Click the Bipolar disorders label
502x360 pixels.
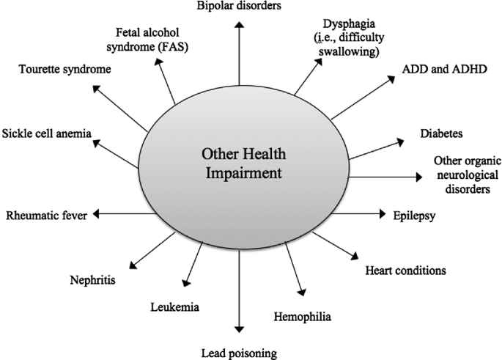(238, 7)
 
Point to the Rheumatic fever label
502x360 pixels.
(46, 215)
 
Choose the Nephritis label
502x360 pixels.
(92, 279)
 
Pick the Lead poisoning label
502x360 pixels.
(239, 353)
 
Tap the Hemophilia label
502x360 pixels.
(303, 317)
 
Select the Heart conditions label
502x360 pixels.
(405, 270)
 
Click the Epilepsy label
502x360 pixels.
(414, 215)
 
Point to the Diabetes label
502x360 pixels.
(441, 133)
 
